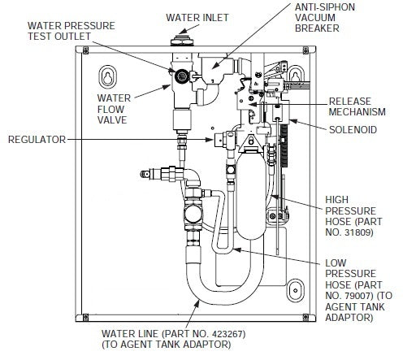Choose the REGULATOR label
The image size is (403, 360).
pyautogui.click(x=36, y=140)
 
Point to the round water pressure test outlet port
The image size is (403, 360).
pyautogui.click(x=184, y=76)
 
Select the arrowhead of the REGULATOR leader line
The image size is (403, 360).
pyautogui.click(x=213, y=140)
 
